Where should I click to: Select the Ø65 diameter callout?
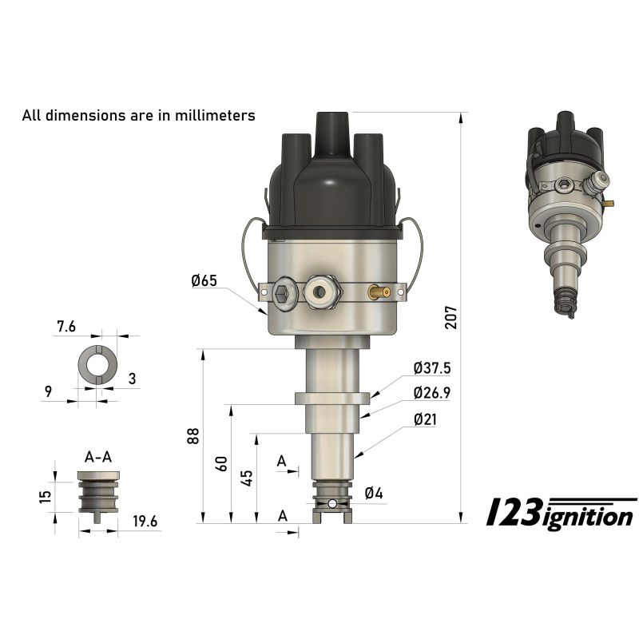204,280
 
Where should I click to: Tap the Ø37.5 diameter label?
432,368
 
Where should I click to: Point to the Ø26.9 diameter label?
432,393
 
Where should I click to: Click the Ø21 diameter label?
425,419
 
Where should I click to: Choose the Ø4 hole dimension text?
374,494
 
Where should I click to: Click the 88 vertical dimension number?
192,436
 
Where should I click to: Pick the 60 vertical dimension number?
222,463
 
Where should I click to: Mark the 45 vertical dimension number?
247,478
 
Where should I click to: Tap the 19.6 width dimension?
145,522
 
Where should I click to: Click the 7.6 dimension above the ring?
66,326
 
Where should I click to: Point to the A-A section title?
98,456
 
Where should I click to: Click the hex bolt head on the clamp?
284,294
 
